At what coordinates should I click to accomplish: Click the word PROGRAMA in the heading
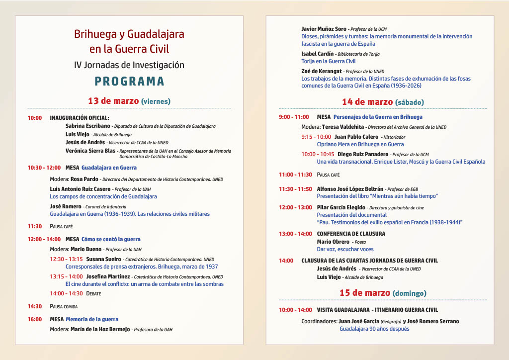click(129, 81)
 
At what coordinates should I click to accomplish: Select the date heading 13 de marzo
click(113, 101)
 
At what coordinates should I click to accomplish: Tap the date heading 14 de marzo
click(367, 102)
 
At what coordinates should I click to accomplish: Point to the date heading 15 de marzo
click(365, 293)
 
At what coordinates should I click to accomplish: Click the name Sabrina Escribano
click(87, 126)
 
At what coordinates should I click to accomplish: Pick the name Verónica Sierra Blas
click(90, 151)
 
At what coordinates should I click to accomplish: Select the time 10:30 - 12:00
click(44, 168)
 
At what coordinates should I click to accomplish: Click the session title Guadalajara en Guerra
click(109, 168)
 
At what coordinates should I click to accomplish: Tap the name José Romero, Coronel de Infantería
click(65, 206)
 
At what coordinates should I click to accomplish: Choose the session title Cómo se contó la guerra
click(111, 239)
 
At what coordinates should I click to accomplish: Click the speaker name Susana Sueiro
click(103, 259)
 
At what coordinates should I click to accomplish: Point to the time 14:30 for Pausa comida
click(35, 306)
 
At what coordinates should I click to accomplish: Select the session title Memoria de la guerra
click(92, 319)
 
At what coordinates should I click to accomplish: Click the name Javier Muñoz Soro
click(324, 29)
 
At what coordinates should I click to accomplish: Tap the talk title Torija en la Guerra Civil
click(328, 61)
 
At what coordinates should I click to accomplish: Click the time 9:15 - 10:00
click(316, 137)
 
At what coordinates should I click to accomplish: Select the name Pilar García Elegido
click(343, 207)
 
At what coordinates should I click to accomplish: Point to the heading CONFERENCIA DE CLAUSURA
click(351, 234)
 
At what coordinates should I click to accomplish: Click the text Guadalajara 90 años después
click(374, 329)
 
